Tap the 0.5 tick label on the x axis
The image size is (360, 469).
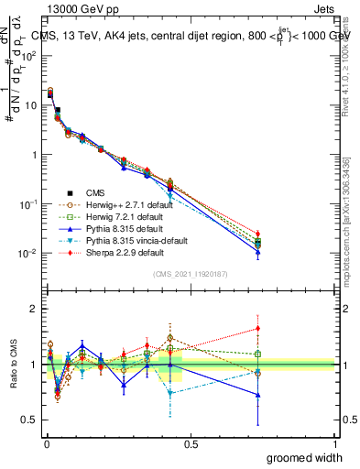coord(191,442)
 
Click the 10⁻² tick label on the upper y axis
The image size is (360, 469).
coord(27,253)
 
